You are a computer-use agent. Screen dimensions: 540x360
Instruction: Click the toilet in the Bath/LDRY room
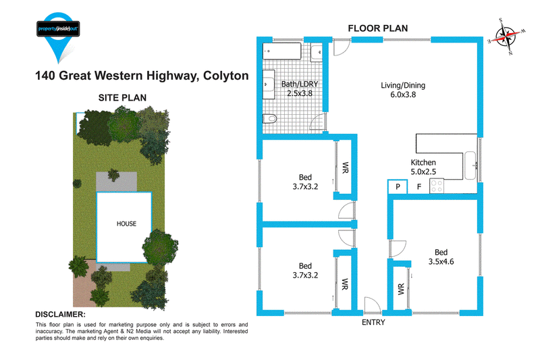coord(270,119)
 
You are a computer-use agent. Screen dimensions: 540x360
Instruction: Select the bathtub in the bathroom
coord(282,51)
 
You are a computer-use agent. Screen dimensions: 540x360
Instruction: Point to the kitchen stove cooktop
coord(437,186)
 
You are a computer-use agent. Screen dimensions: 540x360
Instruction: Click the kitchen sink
coord(470,165)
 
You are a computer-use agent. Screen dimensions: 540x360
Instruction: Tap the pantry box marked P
coord(398,186)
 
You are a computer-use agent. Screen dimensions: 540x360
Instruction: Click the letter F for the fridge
coord(419,186)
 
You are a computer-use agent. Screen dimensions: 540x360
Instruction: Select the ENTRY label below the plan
coord(373,322)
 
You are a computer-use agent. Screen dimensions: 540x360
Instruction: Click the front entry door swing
coord(373,305)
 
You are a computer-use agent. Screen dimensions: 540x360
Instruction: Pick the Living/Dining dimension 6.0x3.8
coord(403,95)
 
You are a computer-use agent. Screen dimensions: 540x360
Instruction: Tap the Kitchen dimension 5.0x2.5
coord(423,172)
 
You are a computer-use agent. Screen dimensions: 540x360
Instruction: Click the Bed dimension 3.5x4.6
coord(441,261)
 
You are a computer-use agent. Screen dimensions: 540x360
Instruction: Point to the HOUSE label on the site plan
coord(126,224)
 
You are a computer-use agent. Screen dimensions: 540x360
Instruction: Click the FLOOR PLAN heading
coord(378,28)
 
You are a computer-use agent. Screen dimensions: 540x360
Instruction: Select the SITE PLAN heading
coord(122,98)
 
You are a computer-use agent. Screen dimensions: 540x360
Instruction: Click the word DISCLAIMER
coord(60,315)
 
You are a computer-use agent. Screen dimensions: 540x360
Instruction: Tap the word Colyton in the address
coord(226,76)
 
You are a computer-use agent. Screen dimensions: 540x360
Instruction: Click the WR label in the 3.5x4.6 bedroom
coord(401,289)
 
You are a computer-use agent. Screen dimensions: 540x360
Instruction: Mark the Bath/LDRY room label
coord(300,84)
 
